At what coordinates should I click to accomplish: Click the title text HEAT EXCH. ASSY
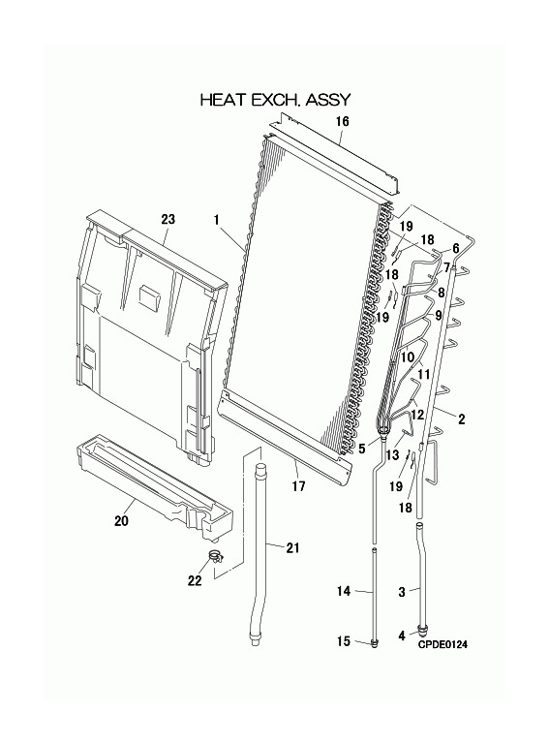coord(275,100)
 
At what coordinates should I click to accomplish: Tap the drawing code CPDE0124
coord(442,644)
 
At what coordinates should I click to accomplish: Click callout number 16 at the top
coord(343,121)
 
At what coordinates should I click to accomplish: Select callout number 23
coord(168,219)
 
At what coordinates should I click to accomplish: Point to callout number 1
coord(216,220)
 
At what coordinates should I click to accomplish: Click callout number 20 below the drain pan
coord(121,521)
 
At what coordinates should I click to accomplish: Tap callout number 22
coord(195,580)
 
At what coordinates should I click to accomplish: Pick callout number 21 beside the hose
coord(293,547)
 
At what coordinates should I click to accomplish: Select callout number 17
coord(298,486)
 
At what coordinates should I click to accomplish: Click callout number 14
coord(344,591)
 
